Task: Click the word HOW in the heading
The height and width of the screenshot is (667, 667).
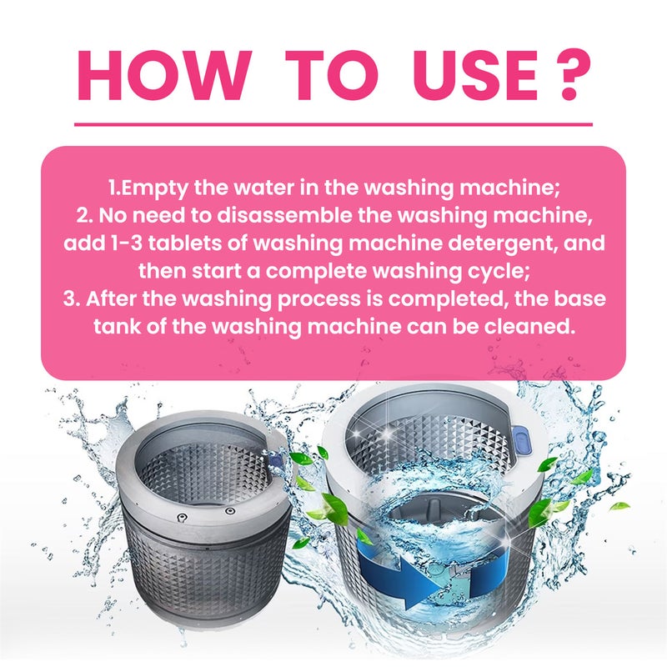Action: point(158,75)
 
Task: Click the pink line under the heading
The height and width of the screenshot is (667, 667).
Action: point(333,124)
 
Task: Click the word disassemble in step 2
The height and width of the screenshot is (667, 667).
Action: point(285,215)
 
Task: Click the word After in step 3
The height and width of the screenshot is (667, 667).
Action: point(111,298)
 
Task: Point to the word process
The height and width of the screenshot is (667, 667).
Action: point(319,300)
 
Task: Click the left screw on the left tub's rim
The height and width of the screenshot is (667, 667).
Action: point(182,518)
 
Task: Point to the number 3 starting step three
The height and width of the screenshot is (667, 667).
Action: point(70,298)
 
